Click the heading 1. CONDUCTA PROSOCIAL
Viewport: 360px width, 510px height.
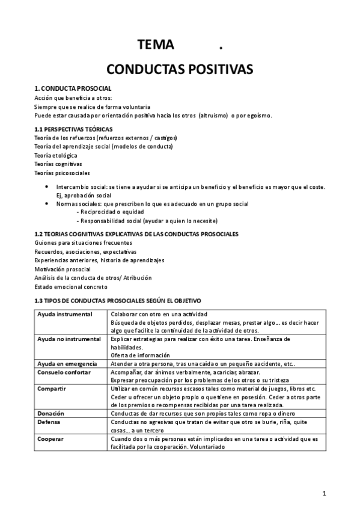73,89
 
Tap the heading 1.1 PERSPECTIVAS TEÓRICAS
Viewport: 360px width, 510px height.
74,129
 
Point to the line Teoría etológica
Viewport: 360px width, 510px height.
56,155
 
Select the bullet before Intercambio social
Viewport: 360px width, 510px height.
47,187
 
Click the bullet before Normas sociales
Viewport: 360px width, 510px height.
47,204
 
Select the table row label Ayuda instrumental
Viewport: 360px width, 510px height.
65,314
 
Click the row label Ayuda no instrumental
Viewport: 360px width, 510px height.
69,339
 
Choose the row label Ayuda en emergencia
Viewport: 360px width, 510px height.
70,364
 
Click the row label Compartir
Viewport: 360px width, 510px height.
51,389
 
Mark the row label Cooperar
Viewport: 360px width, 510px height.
50,439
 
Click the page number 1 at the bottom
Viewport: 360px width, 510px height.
324,494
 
